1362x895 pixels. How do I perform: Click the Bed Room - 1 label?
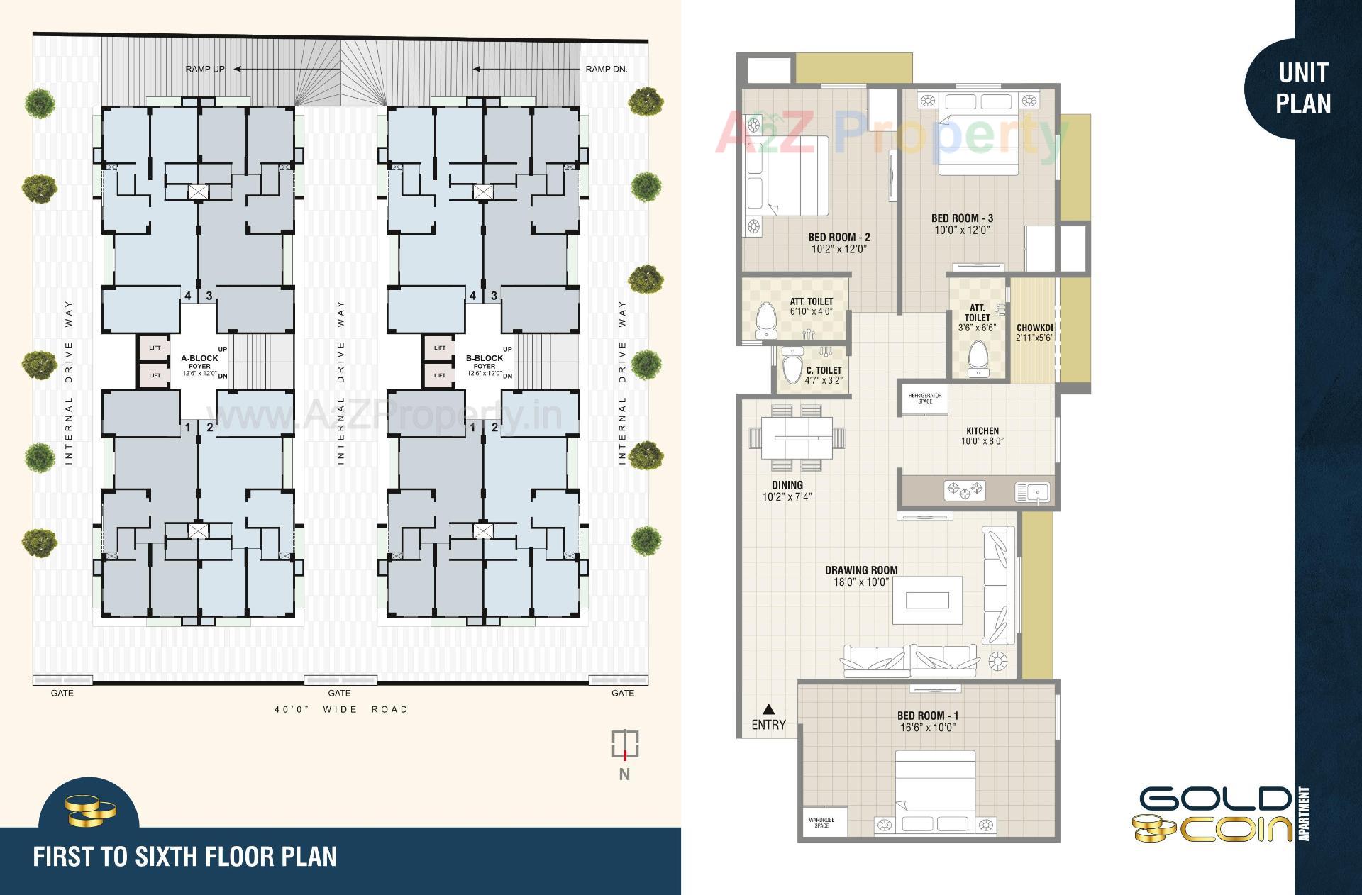[927, 716]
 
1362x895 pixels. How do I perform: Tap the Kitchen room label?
[982, 430]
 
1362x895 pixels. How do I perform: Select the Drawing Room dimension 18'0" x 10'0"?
[861, 582]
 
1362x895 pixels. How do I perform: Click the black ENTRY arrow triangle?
[769, 708]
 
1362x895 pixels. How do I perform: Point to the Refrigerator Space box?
[925, 399]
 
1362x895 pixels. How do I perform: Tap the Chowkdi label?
[1034, 328]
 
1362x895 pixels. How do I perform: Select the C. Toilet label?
[824, 370]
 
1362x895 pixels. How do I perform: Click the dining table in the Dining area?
[797, 438]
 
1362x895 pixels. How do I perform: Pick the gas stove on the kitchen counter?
[964, 489]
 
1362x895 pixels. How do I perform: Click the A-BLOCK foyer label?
[199, 358]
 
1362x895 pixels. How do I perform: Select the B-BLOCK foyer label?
[484, 358]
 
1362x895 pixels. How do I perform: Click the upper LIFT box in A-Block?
[155, 348]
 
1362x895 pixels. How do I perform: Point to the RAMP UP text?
[205, 69]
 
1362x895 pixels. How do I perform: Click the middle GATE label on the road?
[339, 693]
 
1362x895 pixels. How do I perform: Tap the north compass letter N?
[624, 774]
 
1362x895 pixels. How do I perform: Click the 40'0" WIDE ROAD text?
[341, 709]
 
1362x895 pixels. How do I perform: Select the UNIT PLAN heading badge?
[1303, 88]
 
